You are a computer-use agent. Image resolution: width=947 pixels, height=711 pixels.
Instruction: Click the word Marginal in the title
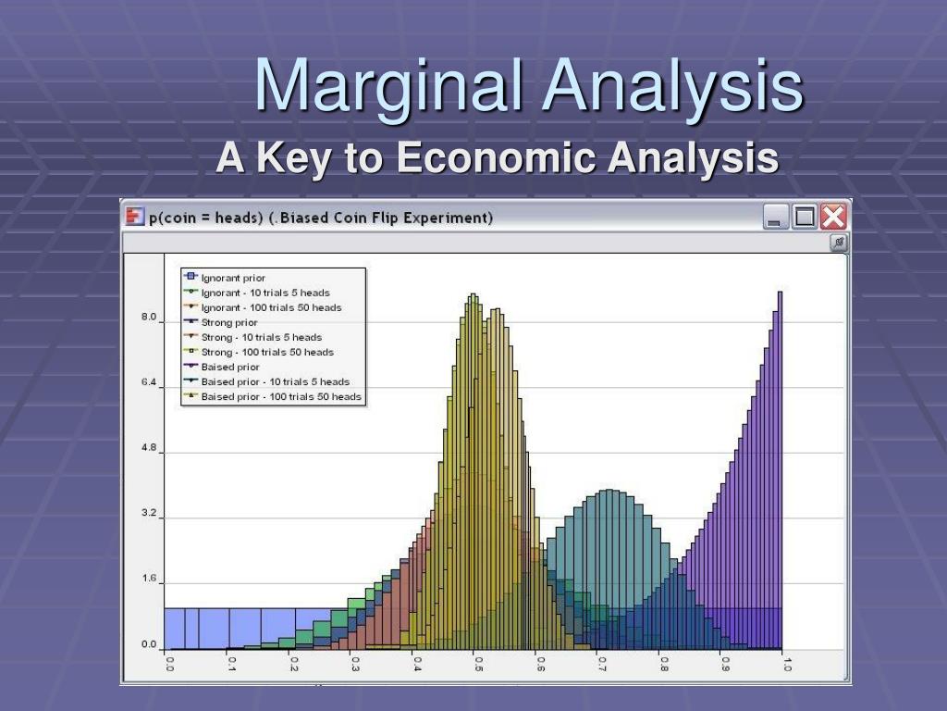pyautogui.click(x=392, y=84)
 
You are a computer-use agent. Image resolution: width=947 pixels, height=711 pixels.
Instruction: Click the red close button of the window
pyautogui.click(x=833, y=218)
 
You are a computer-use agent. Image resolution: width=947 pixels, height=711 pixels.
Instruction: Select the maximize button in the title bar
pyautogui.click(x=805, y=218)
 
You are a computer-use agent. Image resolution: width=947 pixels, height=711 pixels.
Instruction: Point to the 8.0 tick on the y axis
pyautogui.click(x=149, y=317)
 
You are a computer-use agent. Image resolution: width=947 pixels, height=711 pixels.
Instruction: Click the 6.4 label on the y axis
pyautogui.click(x=149, y=381)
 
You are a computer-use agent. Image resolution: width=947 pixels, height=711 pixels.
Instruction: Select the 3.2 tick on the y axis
pyautogui.click(x=149, y=513)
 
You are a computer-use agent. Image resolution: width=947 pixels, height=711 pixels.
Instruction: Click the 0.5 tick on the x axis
pyautogui.click(x=478, y=664)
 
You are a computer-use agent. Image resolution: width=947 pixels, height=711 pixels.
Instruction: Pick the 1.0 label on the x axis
pyautogui.click(x=786, y=664)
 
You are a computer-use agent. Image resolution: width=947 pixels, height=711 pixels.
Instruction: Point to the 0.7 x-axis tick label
pyautogui.click(x=601, y=664)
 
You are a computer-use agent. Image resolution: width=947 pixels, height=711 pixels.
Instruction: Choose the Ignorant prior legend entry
pyautogui.click(x=234, y=278)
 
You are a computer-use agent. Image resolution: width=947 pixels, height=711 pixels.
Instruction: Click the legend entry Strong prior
pyautogui.click(x=229, y=322)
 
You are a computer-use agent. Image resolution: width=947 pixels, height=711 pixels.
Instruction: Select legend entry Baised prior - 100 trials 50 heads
pyautogui.click(x=281, y=396)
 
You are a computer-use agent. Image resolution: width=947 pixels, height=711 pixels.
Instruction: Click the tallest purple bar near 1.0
pyautogui.click(x=780, y=463)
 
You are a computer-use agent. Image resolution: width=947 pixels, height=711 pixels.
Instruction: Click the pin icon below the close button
pyautogui.click(x=838, y=243)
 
